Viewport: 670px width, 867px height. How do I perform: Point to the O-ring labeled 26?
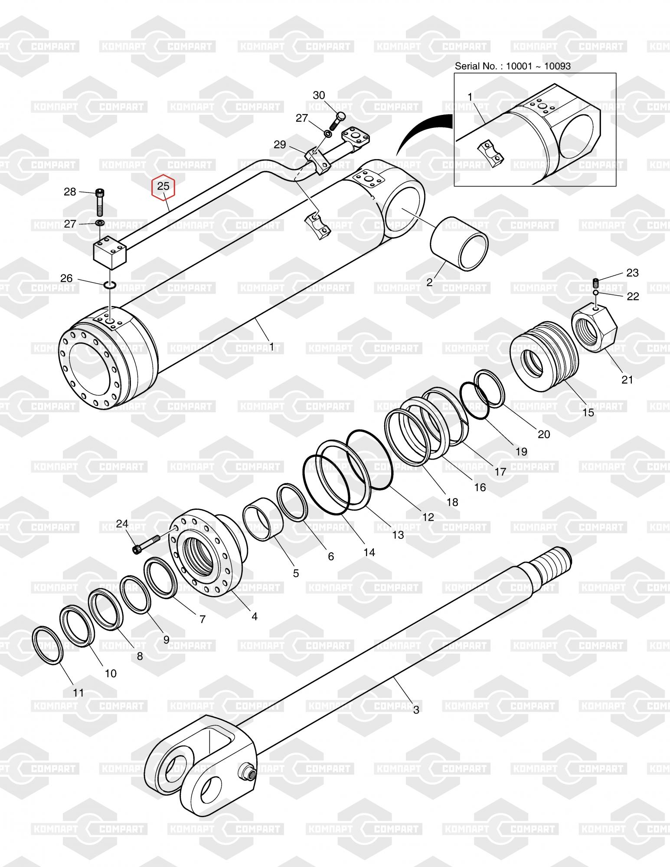pos(110,285)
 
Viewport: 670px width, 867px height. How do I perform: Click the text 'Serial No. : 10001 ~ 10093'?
pos(513,66)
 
